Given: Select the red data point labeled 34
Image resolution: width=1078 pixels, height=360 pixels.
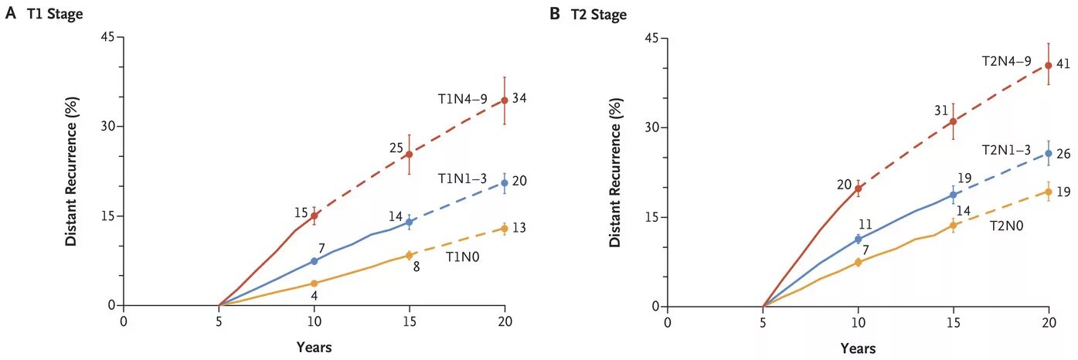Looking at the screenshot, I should (x=505, y=100).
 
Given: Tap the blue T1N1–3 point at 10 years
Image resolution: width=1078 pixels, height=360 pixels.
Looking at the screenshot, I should (x=315, y=261).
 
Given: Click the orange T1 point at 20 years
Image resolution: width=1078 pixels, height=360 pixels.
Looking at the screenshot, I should (x=505, y=229).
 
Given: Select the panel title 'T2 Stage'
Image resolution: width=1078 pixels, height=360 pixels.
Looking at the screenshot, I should (x=599, y=15).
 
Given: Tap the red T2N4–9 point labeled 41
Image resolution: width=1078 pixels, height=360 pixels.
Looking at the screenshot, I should (x=1049, y=66).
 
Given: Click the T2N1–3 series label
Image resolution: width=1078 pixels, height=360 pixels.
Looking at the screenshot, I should (x=1006, y=150).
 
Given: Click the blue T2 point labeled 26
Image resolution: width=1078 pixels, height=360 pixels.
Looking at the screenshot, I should (x=1049, y=154).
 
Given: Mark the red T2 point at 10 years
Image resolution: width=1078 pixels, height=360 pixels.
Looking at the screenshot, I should (x=859, y=188).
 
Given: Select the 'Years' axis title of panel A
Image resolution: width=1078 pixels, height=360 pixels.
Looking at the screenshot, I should (x=314, y=348).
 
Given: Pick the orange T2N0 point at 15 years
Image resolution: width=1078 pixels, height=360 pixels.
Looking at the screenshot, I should (x=954, y=226).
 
